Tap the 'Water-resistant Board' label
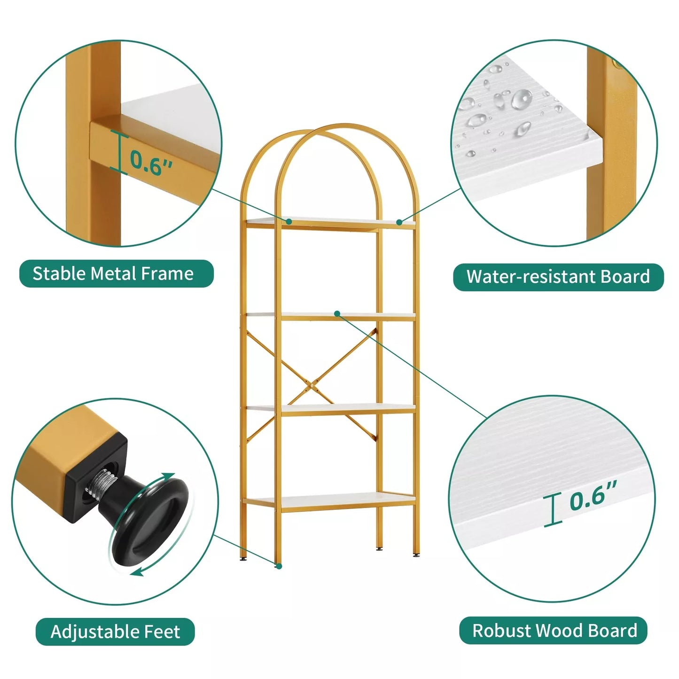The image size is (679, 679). click(558, 277)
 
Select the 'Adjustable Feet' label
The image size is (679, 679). click(115, 632)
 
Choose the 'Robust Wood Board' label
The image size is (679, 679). click(554, 631)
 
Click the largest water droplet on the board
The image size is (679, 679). click(521, 99)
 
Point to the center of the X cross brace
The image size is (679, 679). click(312, 386)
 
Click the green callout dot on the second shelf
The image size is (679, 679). click(337, 313)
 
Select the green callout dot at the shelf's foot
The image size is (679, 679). click(279, 577)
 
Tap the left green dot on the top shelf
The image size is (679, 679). click(289, 222)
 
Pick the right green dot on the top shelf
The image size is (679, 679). click(399, 222)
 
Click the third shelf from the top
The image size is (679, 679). click(330, 408)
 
